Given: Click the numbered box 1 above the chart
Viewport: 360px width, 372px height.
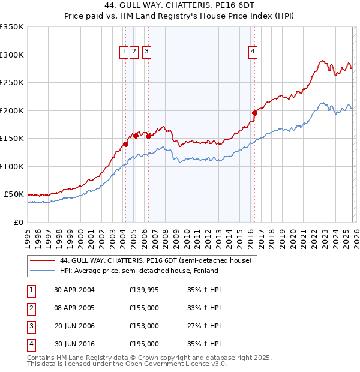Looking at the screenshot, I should [x=124, y=52].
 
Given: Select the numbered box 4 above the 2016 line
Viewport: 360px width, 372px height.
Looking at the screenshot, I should [x=254, y=52].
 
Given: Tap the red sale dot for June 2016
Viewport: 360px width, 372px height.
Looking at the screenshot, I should [x=254, y=113].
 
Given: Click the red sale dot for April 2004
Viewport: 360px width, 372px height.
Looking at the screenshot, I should [x=125, y=144].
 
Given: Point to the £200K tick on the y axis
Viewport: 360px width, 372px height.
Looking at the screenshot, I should [x=12, y=110].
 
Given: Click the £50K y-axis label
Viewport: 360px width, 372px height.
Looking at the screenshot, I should [x=14, y=194].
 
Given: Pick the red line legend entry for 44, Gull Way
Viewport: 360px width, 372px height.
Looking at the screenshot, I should [x=158, y=260].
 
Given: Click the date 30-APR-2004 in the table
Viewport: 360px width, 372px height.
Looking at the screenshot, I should [x=74, y=290].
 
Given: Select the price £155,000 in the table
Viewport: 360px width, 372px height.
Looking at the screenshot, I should [x=143, y=308].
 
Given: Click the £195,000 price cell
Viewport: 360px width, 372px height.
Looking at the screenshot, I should [x=143, y=344].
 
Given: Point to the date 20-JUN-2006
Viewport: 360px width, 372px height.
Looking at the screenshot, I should [x=74, y=326].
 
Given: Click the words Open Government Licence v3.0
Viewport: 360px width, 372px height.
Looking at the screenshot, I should [x=173, y=364].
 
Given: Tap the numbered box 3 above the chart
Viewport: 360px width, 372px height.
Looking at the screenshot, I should [x=147, y=52].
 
